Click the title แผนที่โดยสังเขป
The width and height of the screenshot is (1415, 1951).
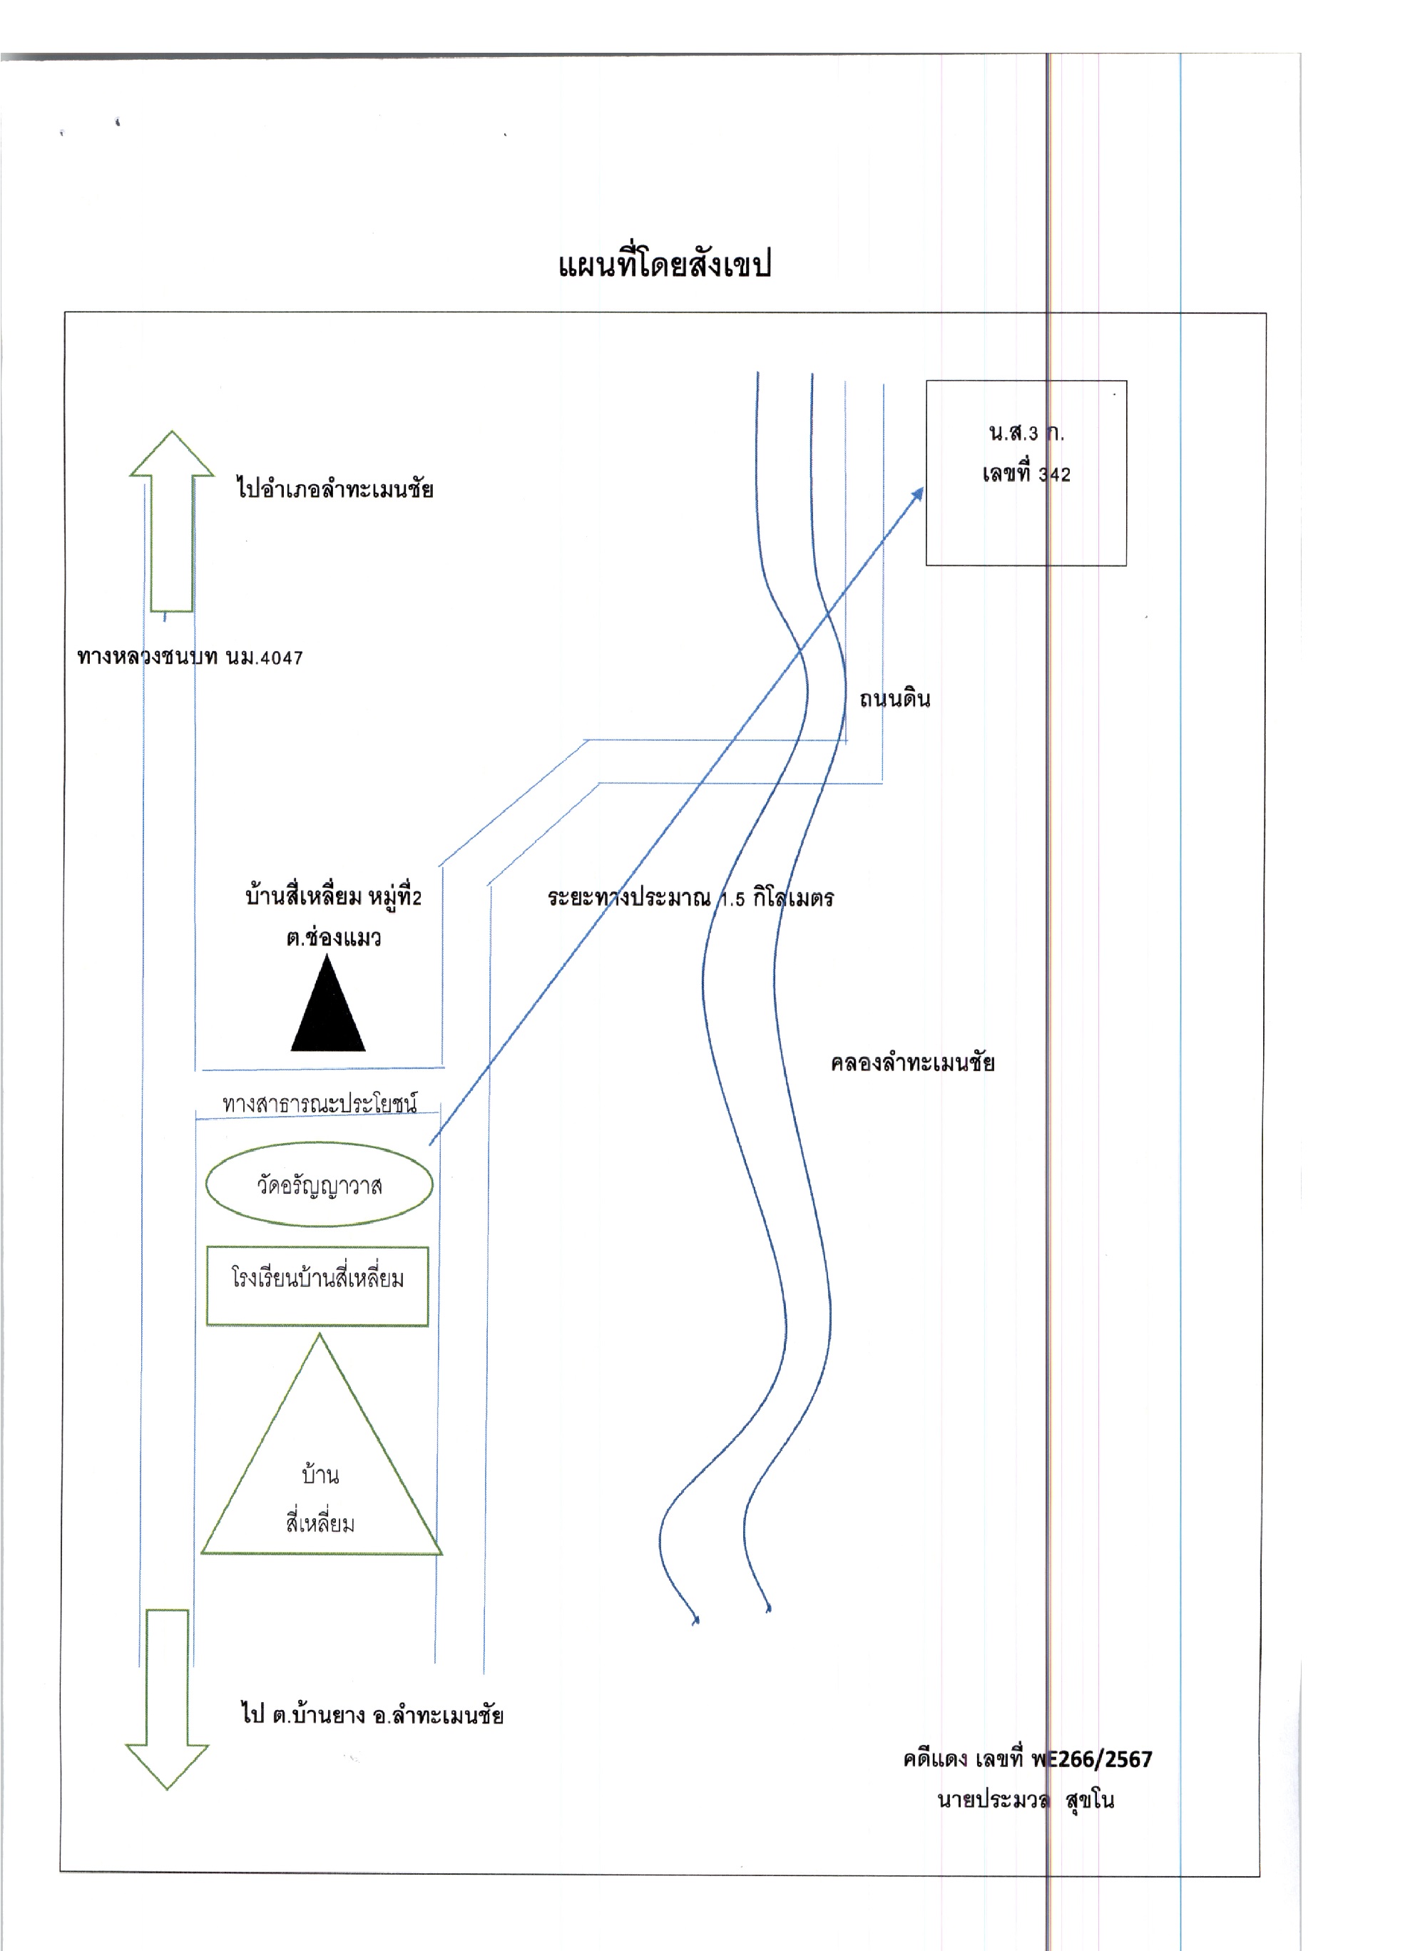(664, 263)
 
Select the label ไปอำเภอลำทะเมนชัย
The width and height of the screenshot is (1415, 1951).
(334, 488)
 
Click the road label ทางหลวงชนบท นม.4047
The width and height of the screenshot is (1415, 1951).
(190, 658)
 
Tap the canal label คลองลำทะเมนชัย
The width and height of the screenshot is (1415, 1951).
(913, 1063)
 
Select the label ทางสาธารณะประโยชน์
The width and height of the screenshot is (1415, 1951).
(319, 1104)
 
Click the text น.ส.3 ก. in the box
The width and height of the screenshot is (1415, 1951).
(1026, 433)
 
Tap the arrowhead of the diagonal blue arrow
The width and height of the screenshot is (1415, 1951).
(922, 488)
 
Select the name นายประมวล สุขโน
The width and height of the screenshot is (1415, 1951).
(1026, 1800)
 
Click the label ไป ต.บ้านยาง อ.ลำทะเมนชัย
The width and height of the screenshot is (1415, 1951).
(372, 1714)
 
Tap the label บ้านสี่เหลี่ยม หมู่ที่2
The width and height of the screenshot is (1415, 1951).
(334, 897)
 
